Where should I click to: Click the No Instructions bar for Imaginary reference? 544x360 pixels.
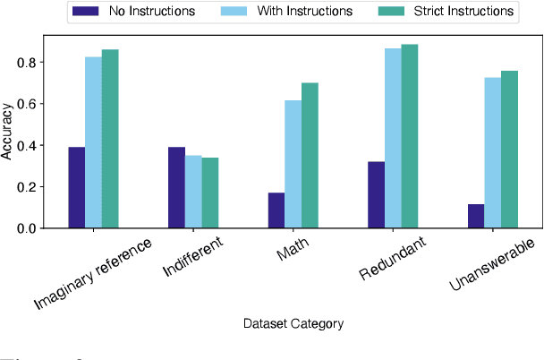(77, 188)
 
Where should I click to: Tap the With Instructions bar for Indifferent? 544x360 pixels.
(193, 192)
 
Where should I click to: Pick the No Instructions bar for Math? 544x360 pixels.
(276, 210)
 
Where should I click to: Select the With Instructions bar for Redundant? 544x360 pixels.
(393, 139)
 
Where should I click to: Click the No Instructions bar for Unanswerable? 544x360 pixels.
(475, 216)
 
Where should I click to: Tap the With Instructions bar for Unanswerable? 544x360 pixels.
(492, 153)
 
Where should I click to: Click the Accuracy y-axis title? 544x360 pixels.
(8, 133)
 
